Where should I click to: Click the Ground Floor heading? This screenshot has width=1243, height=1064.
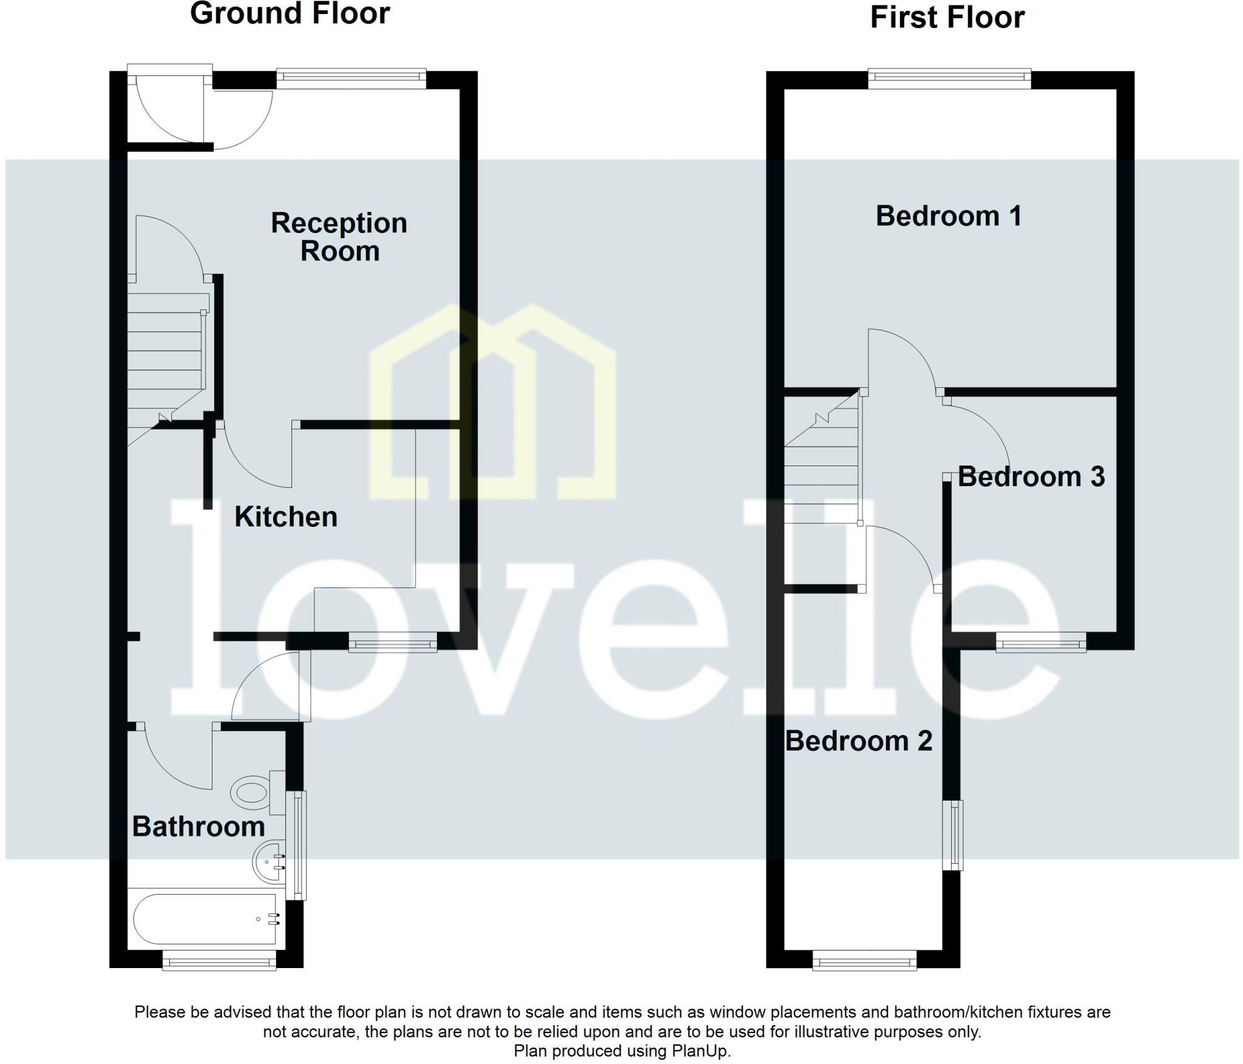[290, 13]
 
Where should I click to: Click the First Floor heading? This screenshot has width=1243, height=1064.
[947, 17]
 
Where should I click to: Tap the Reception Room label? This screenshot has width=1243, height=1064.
[339, 237]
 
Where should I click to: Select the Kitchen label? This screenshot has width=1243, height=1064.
[286, 517]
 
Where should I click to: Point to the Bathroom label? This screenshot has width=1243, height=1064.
[198, 827]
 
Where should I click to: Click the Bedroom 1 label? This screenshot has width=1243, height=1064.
[949, 216]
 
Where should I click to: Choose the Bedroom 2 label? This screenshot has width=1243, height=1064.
[858, 741]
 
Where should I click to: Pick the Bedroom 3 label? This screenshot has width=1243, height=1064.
[1031, 477]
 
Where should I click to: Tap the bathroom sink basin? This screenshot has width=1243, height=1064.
[269, 861]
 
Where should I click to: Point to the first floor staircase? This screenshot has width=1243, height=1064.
[822, 467]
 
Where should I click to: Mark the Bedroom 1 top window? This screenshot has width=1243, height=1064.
[949, 78]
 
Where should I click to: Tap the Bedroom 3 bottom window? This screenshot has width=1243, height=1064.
[1041, 642]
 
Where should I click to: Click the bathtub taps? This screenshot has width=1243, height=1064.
[273, 919]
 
